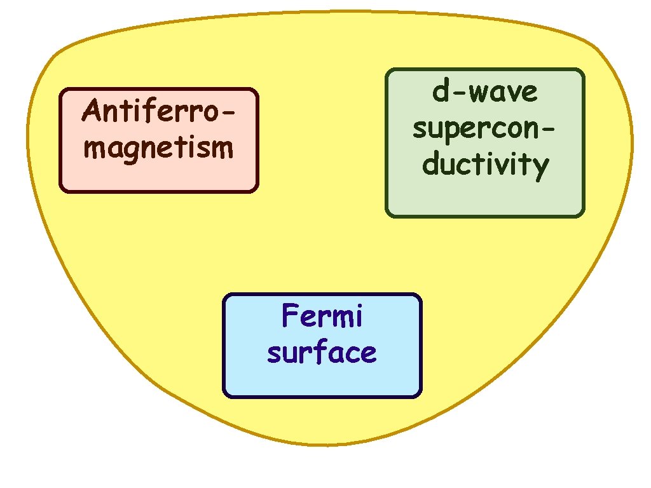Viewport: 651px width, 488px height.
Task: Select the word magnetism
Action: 159,149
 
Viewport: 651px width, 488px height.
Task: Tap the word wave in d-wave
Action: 504,93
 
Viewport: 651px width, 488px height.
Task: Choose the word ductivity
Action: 485,165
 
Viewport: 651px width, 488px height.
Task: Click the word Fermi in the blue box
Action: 322,316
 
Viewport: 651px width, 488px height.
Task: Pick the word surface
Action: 322,352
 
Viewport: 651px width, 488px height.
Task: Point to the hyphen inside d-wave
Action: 458,94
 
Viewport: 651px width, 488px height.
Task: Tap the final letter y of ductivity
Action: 541,168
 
